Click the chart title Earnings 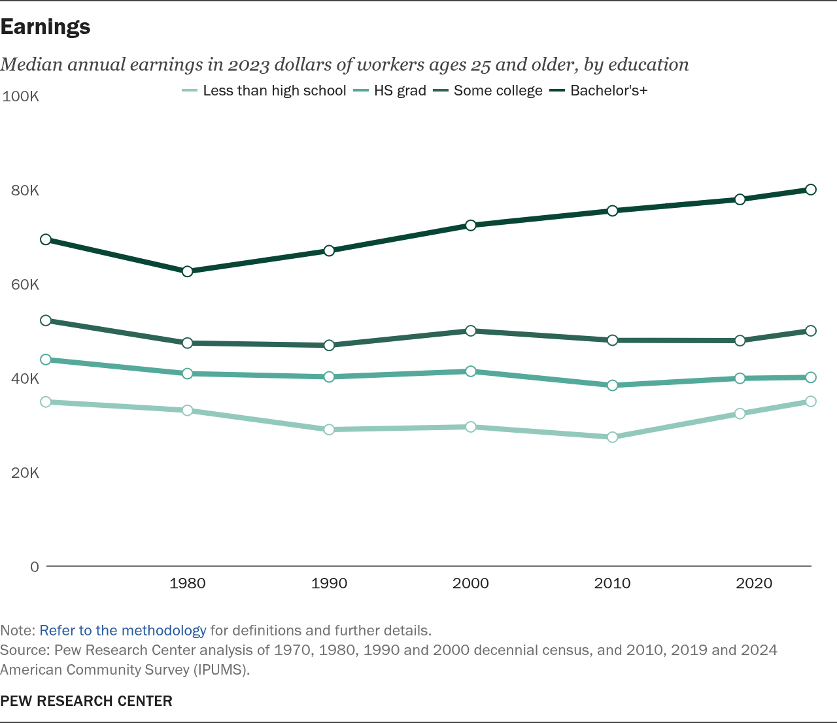[x=45, y=27]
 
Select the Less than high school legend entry [x=264, y=90]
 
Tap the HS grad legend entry [x=390, y=90]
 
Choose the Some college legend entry [x=488, y=90]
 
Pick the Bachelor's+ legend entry [x=598, y=90]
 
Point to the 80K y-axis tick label [x=25, y=190]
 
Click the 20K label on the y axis [x=25, y=473]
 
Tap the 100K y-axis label [x=21, y=96]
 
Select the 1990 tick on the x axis [x=329, y=583]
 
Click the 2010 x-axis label [x=612, y=583]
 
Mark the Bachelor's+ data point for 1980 [x=187, y=271]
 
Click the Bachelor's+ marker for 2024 [x=811, y=190]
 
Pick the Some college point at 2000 [x=471, y=331]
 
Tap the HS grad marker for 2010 [x=612, y=385]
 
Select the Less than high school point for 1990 [x=329, y=429]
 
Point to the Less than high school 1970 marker [x=46, y=402]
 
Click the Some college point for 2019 [x=740, y=341]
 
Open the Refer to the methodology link [x=123, y=630]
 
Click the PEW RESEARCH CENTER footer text [x=86, y=701]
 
